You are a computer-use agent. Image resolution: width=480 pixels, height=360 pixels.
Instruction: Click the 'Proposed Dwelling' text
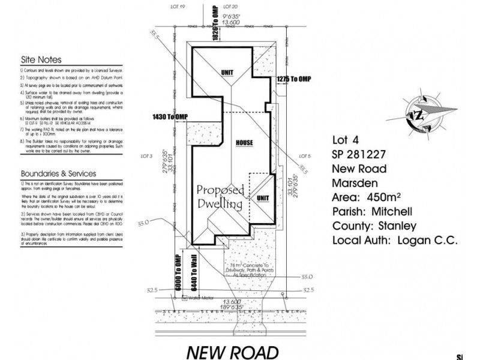pyautogui.click(x=220, y=197)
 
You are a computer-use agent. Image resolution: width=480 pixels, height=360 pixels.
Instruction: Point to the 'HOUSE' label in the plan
pyautogui.click(x=244, y=143)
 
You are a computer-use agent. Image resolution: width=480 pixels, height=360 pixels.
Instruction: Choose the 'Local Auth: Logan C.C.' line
pyautogui.click(x=394, y=241)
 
